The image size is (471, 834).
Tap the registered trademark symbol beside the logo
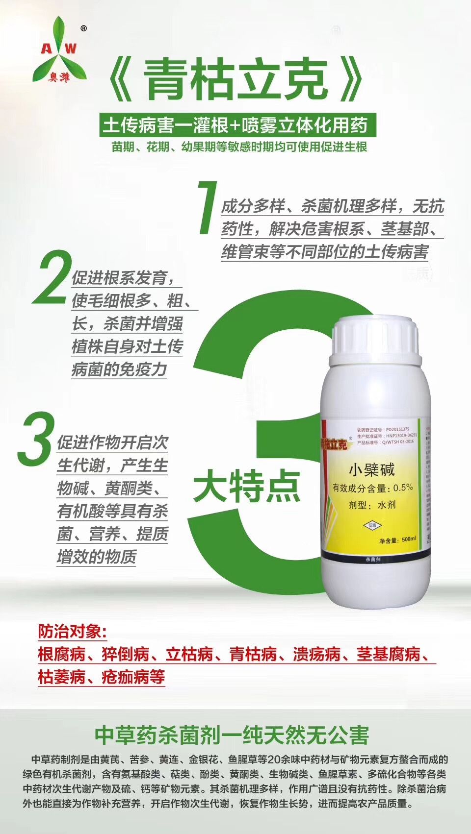pyautogui.click(x=83, y=29)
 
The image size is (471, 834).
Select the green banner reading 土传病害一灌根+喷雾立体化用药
pyautogui.click(x=235, y=125)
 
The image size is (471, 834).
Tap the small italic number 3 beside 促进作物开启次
pyautogui.click(x=35, y=439)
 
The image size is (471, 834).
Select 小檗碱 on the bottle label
pyautogui.click(x=371, y=470)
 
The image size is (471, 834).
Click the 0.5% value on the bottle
pyautogui.click(x=403, y=488)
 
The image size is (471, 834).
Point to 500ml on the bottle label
pyautogui.click(x=408, y=540)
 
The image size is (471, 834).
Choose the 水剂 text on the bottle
pyautogui.click(x=386, y=505)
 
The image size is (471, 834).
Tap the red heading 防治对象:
pyautogui.click(x=73, y=632)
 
